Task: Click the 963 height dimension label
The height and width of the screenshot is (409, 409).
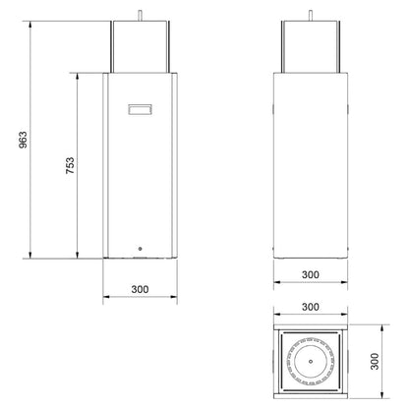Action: click(x=24, y=140)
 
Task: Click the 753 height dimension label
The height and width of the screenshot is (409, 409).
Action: click(x=70, y=165)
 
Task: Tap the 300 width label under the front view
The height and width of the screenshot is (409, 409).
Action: click(x=140, y=289)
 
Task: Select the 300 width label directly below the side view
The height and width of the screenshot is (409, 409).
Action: click(x=311, y=274)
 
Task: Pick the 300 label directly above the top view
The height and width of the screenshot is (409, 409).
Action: click(x=311, y=307)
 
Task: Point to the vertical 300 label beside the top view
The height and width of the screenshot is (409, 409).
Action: click(x=375, y=362)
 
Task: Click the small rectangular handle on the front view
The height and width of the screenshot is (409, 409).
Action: click(x=140, y=109)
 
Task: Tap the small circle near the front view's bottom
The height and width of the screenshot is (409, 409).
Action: click(x=141, y=249)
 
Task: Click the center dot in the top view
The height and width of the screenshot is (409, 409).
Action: click(x=311, y=362)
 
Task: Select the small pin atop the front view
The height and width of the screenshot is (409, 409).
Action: click(x=140, y=16)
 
